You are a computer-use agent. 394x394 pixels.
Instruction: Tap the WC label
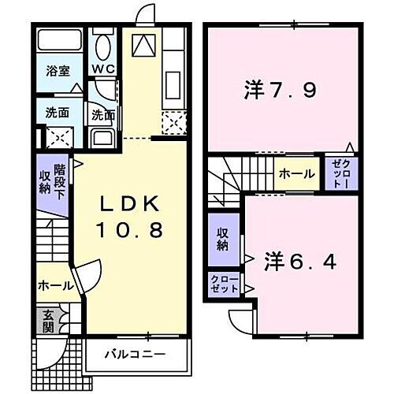(x=103, y=69)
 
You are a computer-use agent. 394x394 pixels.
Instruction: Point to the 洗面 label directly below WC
(x=102, y=115)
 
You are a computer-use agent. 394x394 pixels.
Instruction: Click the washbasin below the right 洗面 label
(x=103, y=139)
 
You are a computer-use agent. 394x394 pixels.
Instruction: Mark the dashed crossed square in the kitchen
(x=173, y=122)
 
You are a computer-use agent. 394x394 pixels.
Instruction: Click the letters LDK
(x=132, y=205)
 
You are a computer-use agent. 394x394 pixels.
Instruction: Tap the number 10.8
(x=132, y=231)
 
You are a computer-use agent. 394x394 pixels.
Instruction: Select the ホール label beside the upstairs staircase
(x=296, y=174)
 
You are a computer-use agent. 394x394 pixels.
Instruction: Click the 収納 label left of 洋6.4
(x=224, y=240)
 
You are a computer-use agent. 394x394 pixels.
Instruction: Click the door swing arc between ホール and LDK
(x=86, y=276)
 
